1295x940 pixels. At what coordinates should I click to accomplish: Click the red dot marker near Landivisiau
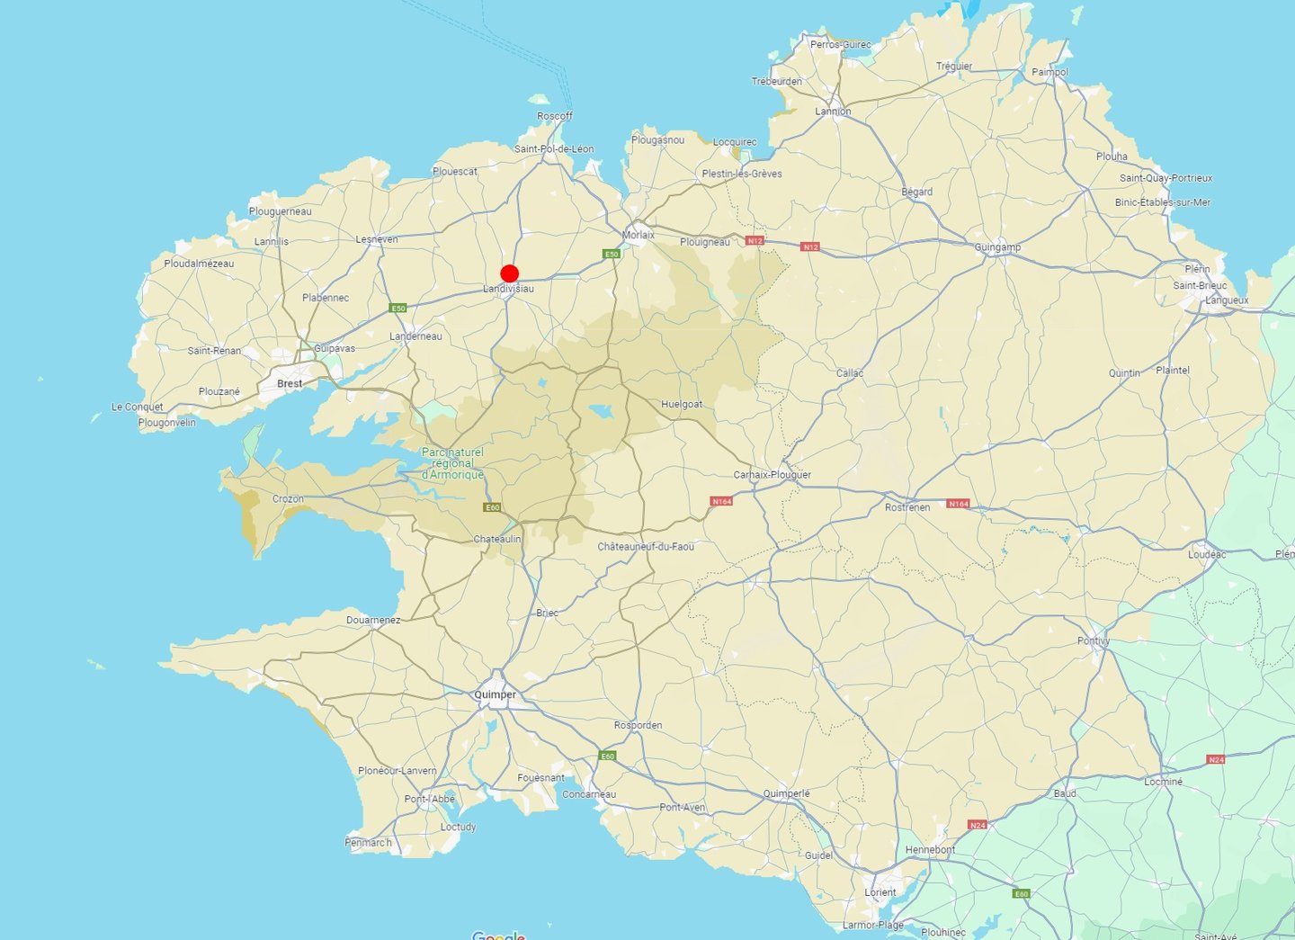(510, 274)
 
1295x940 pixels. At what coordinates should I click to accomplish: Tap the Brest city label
(290, 383)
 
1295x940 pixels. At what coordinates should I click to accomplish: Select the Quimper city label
(496, 694)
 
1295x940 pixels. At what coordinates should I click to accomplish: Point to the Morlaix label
(639, 235)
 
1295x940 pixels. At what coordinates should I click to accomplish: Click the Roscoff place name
(555, 116)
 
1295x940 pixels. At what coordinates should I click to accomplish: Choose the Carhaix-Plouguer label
(772, 475)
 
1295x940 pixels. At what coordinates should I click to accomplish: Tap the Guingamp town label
(997, 247)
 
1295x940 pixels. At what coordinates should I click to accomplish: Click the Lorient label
(880, 892)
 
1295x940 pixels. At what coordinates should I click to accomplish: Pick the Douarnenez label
(373, 621)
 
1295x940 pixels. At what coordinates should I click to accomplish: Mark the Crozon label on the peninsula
(288, 499)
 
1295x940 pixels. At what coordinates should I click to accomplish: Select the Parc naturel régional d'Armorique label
(452, 463)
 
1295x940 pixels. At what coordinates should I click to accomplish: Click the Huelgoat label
(682, 405)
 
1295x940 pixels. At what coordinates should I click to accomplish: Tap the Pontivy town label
(1094, 641)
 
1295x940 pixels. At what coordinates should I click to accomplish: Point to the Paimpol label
(1049, 72)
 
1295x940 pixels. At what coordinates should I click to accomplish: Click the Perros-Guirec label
(841, 44)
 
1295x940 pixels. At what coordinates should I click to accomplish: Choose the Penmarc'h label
(369, 843)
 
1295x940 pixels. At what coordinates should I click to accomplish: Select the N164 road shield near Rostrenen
(959, 504)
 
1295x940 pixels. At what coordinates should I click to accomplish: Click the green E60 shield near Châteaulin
(492, 508)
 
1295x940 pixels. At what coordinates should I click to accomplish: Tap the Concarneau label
(589, 794)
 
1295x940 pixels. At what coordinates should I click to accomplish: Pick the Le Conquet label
(138, 407)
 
